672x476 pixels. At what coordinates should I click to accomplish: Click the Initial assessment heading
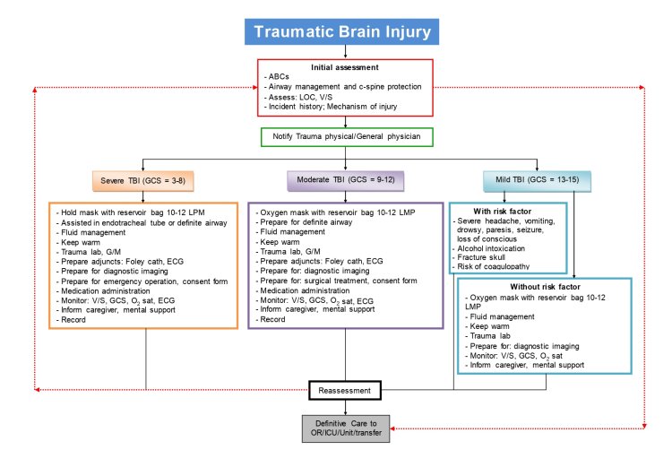pyautogui.click(x=344, y=67)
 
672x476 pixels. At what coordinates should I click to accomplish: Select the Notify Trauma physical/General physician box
pyautogui.click(x=346, y=137)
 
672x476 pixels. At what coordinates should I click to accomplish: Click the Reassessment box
pyautogui.click(x=345, y=390)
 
